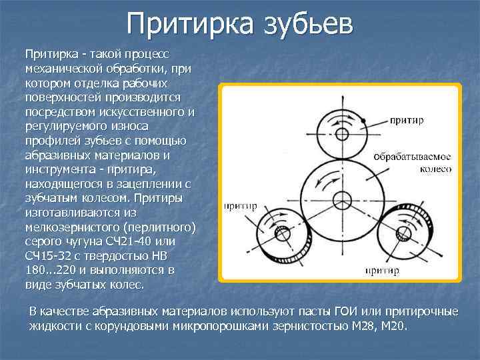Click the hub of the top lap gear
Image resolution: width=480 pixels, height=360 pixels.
point(342,134)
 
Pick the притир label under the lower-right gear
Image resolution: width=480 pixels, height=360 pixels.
point(383,271)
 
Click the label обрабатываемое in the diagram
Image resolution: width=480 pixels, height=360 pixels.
point(414,157)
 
